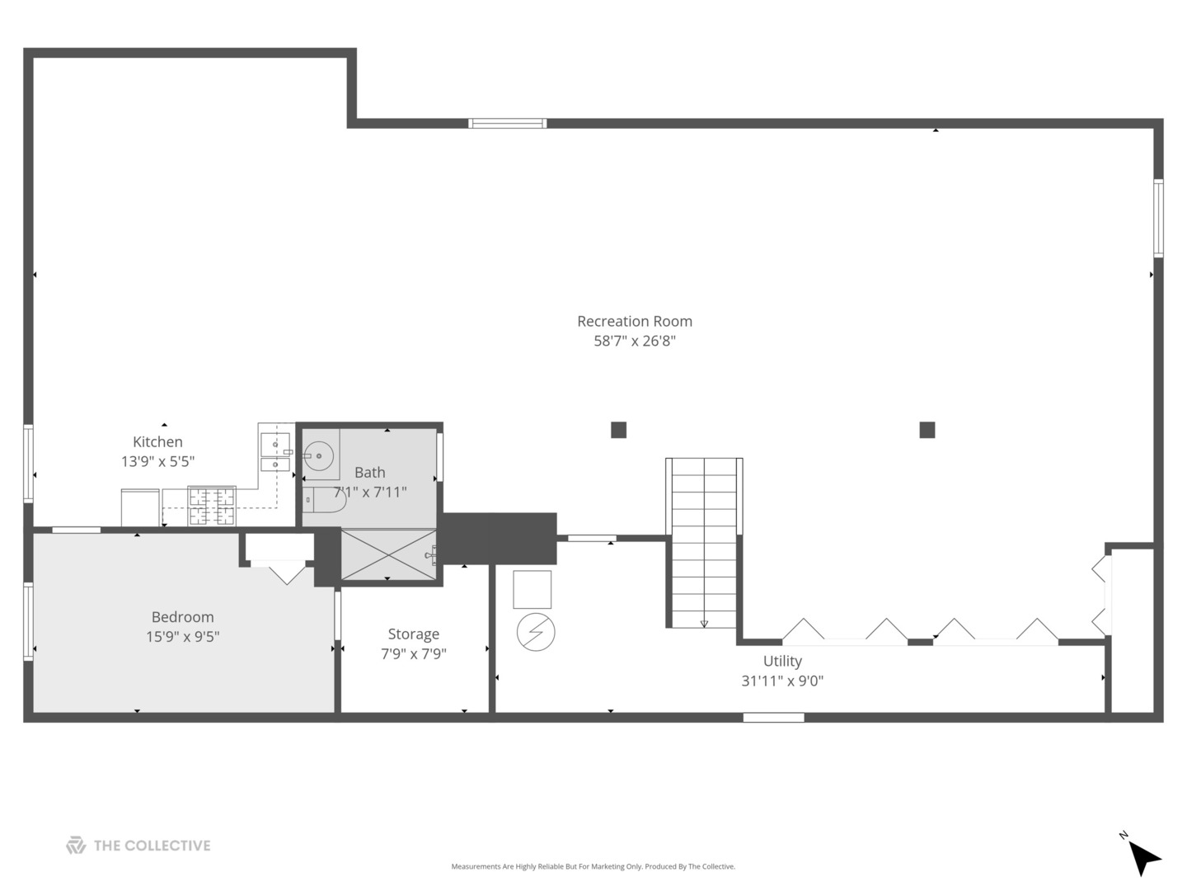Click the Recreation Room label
point(635,322)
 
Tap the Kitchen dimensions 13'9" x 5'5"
point(157,461)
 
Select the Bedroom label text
point(183,617)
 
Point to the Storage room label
point(414,634)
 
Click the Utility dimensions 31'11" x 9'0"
point(782,681)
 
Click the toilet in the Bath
point(323,499)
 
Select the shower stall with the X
point(388,554)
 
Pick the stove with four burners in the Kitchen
point(212,506)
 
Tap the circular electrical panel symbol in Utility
point(535,632)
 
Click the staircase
point(704,543)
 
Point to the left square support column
point(619,430)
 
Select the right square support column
point(927,430)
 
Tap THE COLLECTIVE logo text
point(152,846)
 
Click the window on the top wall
point(507,124)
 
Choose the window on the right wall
point(1158,218)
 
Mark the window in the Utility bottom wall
point(773,718)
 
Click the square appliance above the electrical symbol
point(533,589)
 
